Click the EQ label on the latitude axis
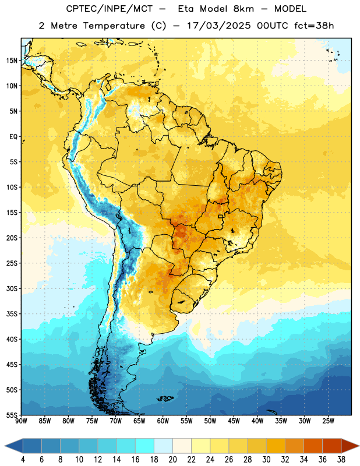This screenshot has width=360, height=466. pos(13,137)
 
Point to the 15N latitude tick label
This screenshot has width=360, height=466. pos(12,61)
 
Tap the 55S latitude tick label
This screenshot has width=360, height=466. pos(12,415)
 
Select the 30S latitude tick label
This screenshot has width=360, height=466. pos(12,288)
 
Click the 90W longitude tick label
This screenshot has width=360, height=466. pos(21,421)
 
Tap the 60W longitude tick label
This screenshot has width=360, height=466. pos(163,421)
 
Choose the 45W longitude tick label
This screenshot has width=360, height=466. pos(234,421)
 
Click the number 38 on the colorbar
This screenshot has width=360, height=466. pos(341,460)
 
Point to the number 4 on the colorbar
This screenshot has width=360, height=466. pos(23,460)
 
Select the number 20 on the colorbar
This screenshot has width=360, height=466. pos(172,460)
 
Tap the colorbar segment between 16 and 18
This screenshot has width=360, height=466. pos(145,446)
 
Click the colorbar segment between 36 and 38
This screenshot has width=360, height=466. pos(332,446)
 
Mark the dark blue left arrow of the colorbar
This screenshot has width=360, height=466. pos(14,446)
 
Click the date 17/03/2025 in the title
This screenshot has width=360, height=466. pos(219,26)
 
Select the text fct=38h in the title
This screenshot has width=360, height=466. pos(314,26)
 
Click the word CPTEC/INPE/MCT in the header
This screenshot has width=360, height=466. pos(110,9)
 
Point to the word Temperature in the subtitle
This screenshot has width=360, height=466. pos(114,26)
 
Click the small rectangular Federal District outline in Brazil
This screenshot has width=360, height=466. pos(221,216)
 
